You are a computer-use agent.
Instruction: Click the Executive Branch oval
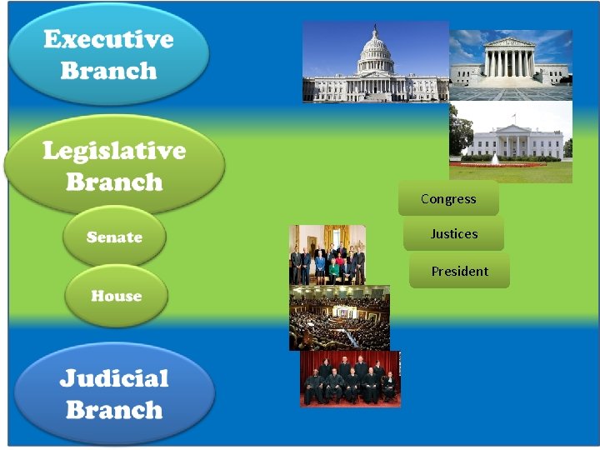(x=108, y=54)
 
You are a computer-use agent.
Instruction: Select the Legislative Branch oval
(x=114, y=165)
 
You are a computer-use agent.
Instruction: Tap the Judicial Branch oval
(x=114, y=394)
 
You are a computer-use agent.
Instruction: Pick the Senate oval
(x=114, y=237)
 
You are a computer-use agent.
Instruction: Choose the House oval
(x=116, y=296)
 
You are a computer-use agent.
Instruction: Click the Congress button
(x=448, y=198)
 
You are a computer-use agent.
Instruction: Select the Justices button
(x=454, y=234)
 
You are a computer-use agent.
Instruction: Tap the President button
(x=459, y=271)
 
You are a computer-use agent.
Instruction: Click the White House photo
(x=511, y=142)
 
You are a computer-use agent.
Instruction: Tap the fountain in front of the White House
(x=495, y=158)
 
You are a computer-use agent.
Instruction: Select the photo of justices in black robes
(x=350, y=379)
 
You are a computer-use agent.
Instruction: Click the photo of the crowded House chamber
(x=339, y=317)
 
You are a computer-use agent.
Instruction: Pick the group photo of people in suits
(x=327, y=255)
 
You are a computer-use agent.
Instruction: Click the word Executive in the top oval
(x=108, y=39)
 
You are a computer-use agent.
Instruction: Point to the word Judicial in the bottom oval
(x=114, y=378)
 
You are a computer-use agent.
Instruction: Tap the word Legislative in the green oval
(x=114, y=150)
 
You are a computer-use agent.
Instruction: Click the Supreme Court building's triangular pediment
(x=510, y=42)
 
